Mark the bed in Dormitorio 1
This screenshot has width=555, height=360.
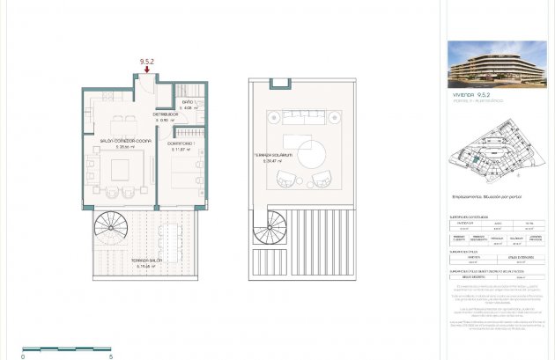point(186,176)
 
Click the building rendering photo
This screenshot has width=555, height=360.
point(497,63)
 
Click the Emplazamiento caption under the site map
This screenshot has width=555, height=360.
point(485,197)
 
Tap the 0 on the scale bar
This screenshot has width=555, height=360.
point(24,356)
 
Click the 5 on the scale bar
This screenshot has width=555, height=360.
point(110,356)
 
